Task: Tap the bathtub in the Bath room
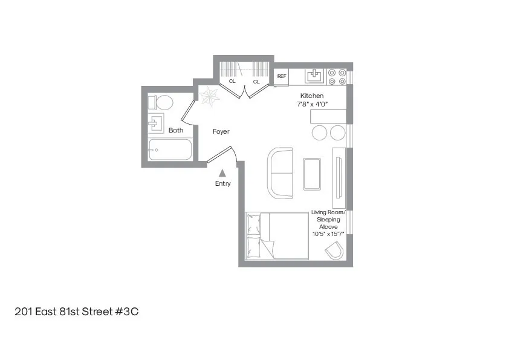point(169,149)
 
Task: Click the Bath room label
point(176,130)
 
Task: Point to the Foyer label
point(221,131)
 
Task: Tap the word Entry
point(222,184)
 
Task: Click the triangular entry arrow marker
point(222,173)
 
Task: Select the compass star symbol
point(210,95)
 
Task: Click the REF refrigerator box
point(282,77)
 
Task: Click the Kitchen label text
point(312,96)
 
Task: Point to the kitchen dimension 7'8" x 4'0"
point(312,104)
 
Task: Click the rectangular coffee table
point(313,173)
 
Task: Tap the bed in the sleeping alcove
point(276,237)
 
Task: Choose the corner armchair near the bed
point(334,250)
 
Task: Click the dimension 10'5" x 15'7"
point(328,234)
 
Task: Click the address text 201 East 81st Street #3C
point(77,312)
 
